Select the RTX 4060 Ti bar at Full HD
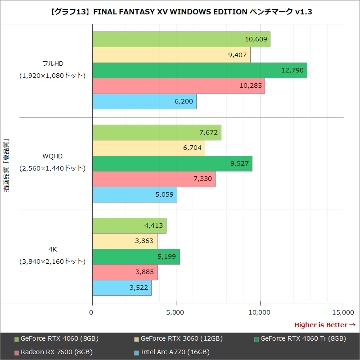pyautogui.click(x=199, y=71)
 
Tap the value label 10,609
pyautogui.click(x=256, y=40)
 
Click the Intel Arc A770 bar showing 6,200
pyautogui.click(x=144, y=102)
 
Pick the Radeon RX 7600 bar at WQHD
pyautogui.click(x=153, y=179)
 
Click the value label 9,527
pyautogui.click(x=239, y=163)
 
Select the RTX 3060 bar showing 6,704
pyautogui.click(x=148, y=148)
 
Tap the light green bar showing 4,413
pyautogui.click(x=129, y=226)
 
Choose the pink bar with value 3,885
pyautogui.click(x=125, y=272)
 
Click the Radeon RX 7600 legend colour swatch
pyautogui.click(x=17, y=352)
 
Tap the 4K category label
pyautogui.click(x=52, y=249)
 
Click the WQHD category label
pyautogui.click(x=52, y=156)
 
